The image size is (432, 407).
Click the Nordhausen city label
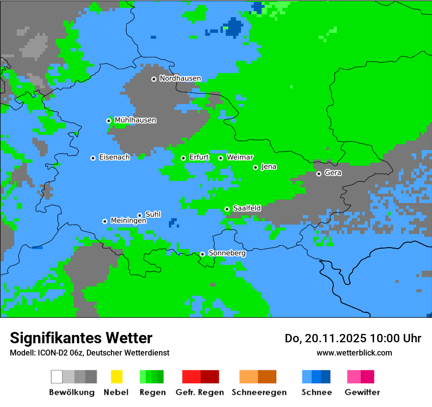pos(180,78)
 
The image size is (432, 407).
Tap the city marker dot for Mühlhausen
pos(108,121)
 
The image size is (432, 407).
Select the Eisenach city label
pos(114,157)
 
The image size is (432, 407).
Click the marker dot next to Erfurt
pos(183,158)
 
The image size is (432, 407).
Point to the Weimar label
pos(240,157)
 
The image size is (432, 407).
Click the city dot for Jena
pos(255,167)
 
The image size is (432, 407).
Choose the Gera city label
pos(333,173)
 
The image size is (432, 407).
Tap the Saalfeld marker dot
pos(227,209)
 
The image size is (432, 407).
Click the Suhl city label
pos(153,214)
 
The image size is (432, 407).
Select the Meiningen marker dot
pos(105,221)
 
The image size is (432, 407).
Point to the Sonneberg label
pos(227,254)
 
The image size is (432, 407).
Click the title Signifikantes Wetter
pos(81,338)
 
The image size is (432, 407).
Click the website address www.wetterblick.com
pos(354,353)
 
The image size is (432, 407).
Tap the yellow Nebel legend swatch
pos(116,377)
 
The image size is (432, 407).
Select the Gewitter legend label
pos(362,392)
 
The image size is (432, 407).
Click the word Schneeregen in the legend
pos(258,392)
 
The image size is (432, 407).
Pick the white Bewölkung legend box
pos(56,377)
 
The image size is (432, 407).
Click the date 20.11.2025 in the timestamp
pos(336,338)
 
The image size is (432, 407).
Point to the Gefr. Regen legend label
pos(200,392)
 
